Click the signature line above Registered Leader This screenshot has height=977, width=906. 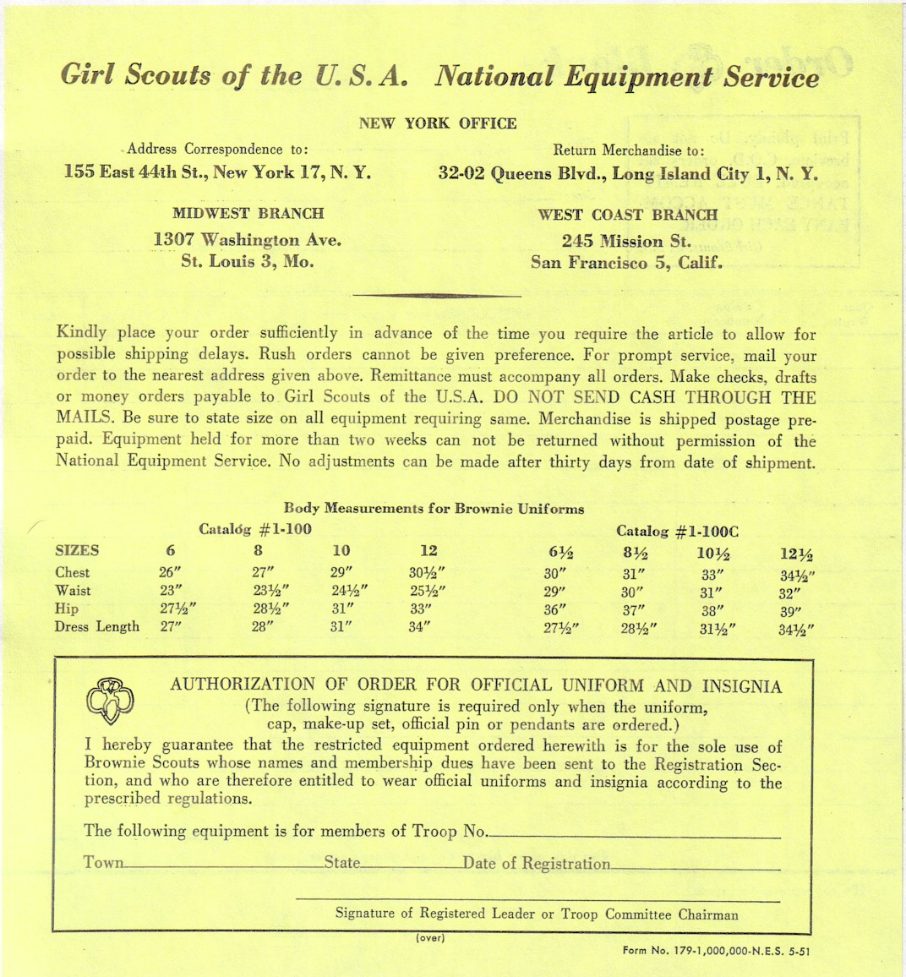(537, 901)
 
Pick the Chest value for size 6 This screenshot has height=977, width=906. (171, 572)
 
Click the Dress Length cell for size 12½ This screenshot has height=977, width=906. (796, 629)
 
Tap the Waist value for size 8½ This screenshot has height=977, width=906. (632, 592)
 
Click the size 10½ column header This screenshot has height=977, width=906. (712, 554)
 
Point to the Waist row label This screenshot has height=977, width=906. (73, 591)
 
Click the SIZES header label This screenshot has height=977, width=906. (77, 550)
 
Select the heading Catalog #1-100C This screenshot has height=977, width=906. (677, 532)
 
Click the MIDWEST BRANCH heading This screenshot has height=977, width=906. (248, 213)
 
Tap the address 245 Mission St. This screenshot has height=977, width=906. (626, 241)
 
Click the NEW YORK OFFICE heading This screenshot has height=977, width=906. (437, 123)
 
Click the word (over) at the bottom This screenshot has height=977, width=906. (430, 937)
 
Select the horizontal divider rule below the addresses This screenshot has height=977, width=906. (436, 296)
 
